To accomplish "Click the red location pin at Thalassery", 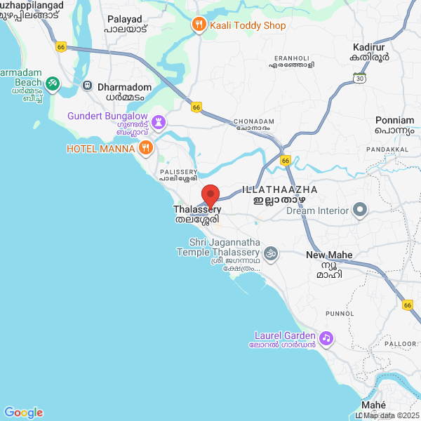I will point(210,194).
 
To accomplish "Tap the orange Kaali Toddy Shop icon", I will point(199,25).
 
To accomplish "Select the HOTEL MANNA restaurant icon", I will point(146,147).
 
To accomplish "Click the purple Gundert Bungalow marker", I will point(159,123).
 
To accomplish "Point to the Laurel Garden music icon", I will point(326,339).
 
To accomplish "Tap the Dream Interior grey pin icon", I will point(360,210).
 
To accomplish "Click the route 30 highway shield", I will point(361,79).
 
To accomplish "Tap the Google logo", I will point(23,413).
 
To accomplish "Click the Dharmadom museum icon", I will point(87,86).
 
